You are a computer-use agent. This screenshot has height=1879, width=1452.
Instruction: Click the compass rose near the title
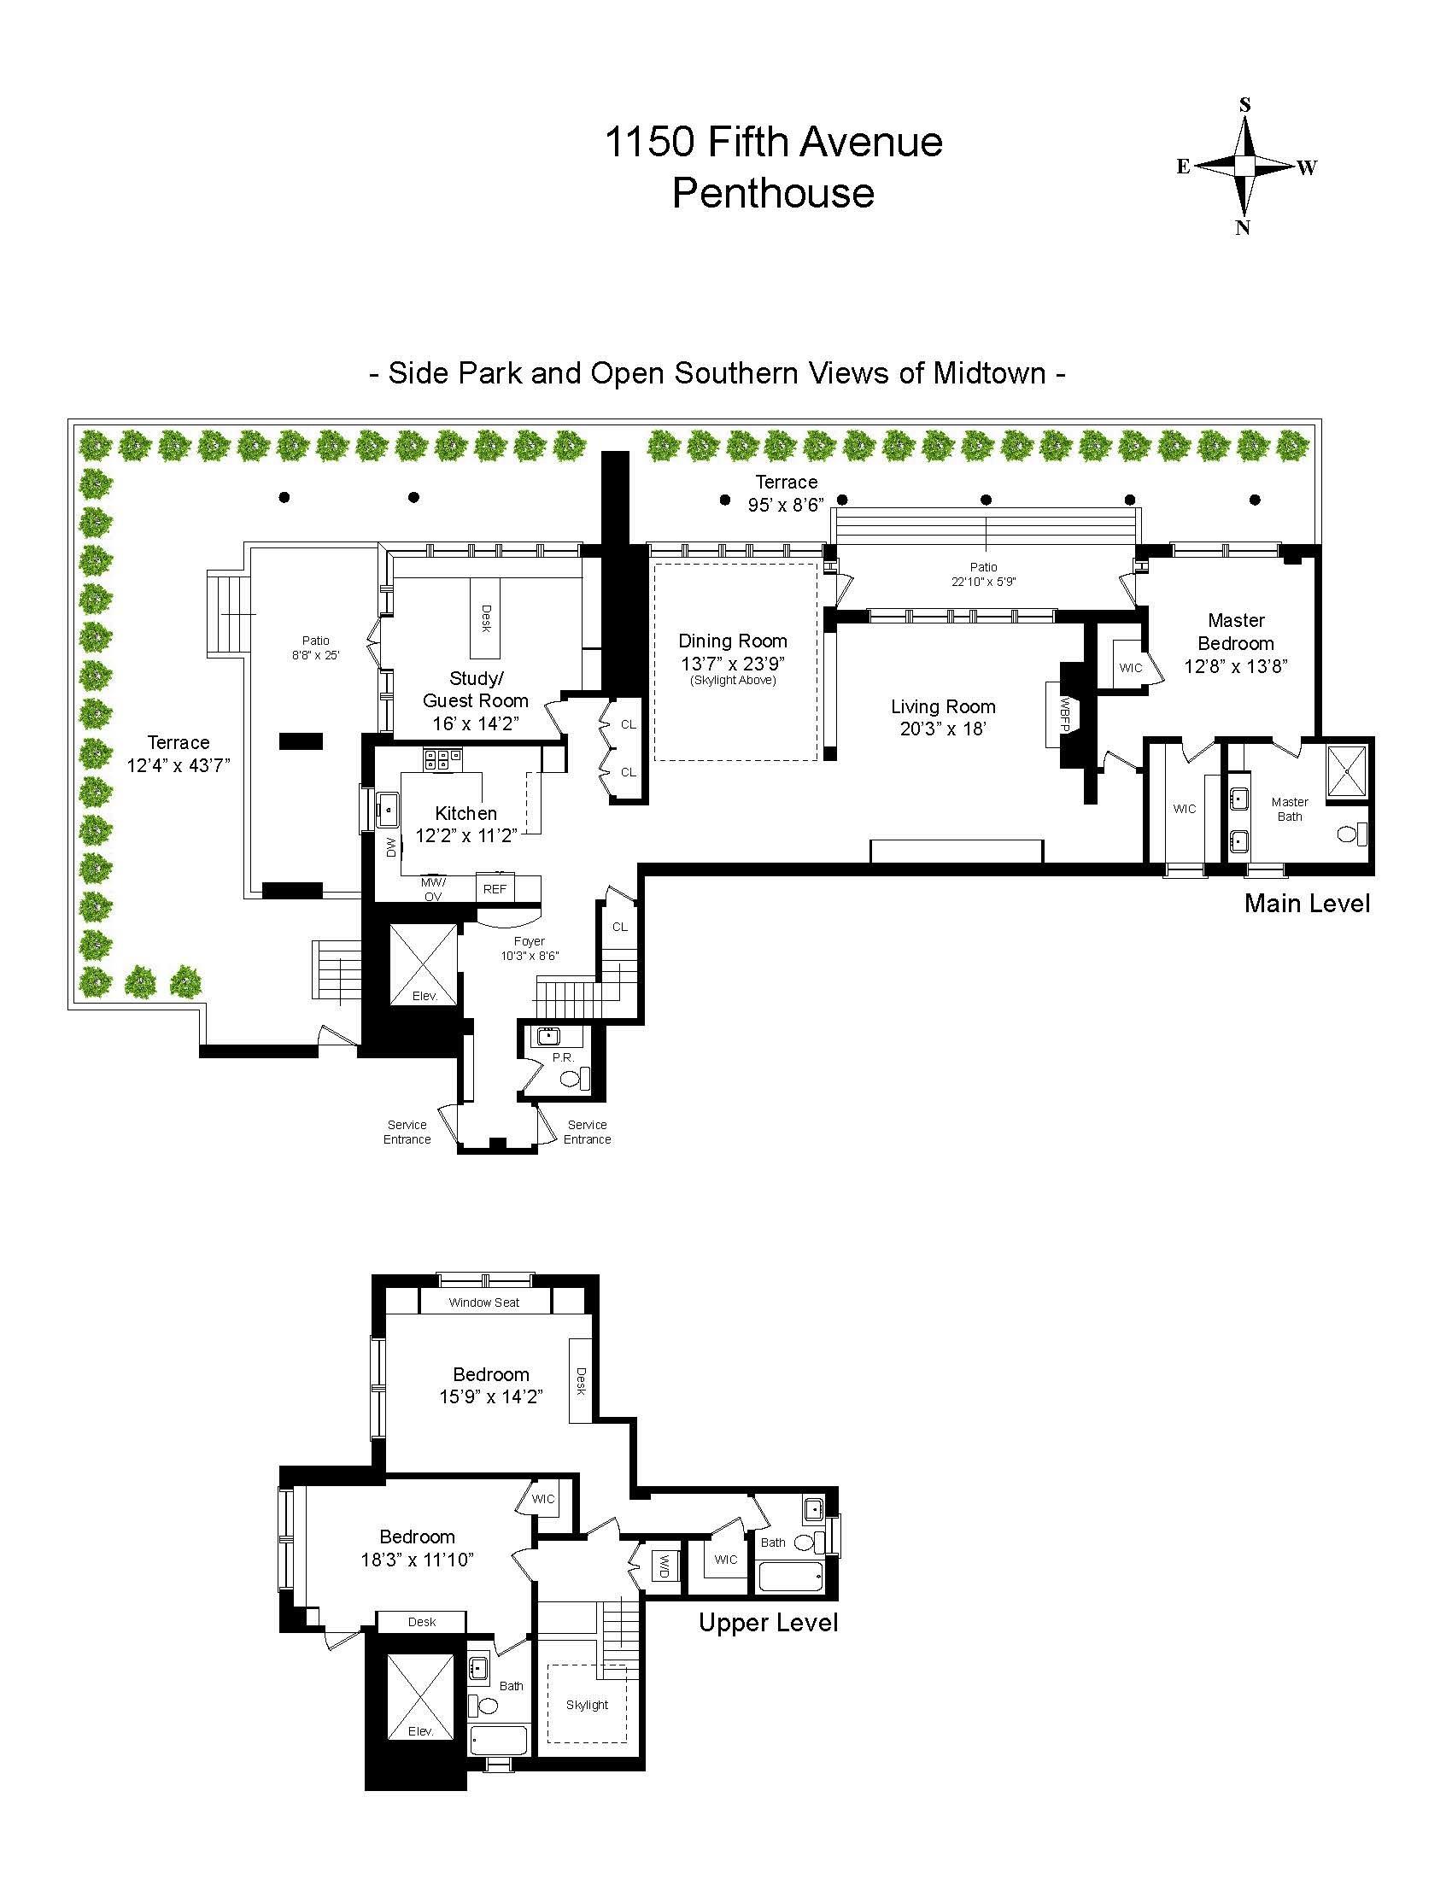tap(1244, 166)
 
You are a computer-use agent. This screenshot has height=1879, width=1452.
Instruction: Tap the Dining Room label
tap(733, 641)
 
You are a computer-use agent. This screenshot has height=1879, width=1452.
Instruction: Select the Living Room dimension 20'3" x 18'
tap(943, 729)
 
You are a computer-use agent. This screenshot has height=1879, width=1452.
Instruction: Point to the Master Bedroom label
tap(1236, 631)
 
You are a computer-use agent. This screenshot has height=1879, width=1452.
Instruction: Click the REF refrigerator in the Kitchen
tap(495, 889)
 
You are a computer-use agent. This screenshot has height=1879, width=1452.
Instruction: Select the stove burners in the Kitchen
tap(442, 758)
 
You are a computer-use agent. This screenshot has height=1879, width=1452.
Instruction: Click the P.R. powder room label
tap(563, 1057)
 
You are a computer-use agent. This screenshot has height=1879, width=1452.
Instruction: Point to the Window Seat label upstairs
tap(483, 1302)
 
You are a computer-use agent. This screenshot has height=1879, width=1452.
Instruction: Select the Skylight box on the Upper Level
tap(587, 1705)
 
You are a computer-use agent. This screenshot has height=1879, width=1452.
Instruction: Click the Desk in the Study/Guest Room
tap(484, 618)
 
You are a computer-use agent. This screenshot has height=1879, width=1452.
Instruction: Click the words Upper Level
tap(767, 1624)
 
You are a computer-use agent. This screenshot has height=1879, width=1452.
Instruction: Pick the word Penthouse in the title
tap(772, 192)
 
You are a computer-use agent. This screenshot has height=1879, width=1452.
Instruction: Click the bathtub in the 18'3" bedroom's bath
tap(499, 1741)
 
